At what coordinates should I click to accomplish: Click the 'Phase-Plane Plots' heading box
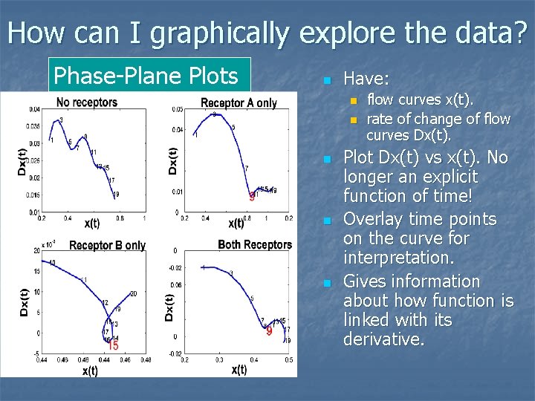pyautogui.click(x=149, y=76)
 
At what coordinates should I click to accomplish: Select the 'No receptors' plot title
pyautogui.click(x=87, y=102)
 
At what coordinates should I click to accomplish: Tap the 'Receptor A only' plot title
pyautogui.click(x=239, y=103)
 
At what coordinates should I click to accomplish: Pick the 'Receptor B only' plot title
pyautogui.click(x=107, y=245)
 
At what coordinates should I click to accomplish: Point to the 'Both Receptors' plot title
pyautogui.click(x=255, y=244)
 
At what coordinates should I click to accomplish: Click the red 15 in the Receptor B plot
pyautogui.click(x=112, y=345)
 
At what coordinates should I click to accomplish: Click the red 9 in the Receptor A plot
pyautogui.click(x=252, y=197)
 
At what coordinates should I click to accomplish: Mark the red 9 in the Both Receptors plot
pyautogui.click(x=269, y=331)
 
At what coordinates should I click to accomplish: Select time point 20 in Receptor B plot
pyautogui.click(x=133, y=294)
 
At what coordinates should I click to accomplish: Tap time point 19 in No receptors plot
pyautogui.click(x=116, y=194)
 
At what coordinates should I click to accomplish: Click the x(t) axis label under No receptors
pyautogui.click(x=91, y=222)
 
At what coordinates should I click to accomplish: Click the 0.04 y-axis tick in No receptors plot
pyautogui.click(x=35, y=110)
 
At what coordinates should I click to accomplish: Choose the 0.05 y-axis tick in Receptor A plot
pyautogui.click(x=177, y=109)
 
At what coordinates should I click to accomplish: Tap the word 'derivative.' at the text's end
pyautogui.click(x=383, y=339)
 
